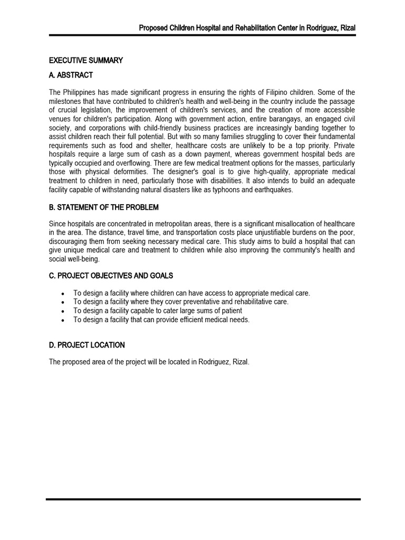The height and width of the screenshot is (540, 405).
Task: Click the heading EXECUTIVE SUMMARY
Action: pyautogui.click(x=86, y=61)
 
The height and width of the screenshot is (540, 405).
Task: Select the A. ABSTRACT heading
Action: pyautogui.click(x=71, y=75)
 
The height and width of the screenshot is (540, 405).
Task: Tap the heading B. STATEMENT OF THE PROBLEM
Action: pyautogui.click(x=104, y=207)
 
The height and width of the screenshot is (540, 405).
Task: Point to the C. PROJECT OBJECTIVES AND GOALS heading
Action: pyautogui.click(x=111, y=276)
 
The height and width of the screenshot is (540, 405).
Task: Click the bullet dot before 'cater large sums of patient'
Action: pyautogui.click(x=63, y=311)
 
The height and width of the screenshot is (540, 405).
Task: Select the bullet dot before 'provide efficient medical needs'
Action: pyautogui.click(x=63, y=320)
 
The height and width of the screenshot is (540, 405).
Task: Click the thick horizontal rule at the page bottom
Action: pyautogui.click(x=203, y=499)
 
